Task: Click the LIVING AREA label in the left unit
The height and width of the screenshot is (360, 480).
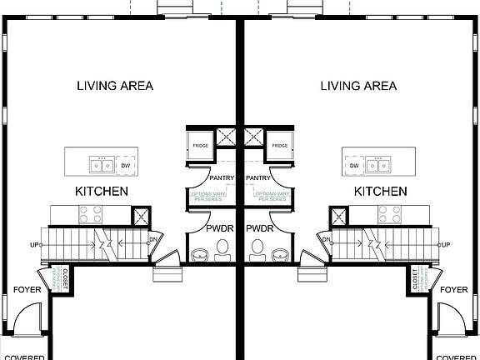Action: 115,85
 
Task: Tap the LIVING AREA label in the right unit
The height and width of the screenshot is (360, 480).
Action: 358,85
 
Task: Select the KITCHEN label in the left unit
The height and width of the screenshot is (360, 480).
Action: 102,192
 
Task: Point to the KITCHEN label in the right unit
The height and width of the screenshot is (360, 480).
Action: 381,192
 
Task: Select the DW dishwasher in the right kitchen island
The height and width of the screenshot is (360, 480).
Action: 354,166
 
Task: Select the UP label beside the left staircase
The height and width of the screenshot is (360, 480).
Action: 35,245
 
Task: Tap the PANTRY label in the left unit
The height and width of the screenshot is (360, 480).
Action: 221,177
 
